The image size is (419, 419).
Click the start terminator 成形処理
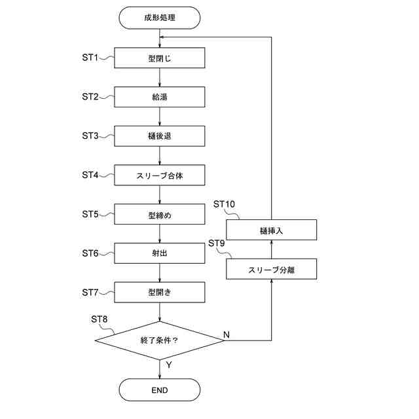click(x=160, y=18)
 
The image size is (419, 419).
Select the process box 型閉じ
click(x=160, y=58)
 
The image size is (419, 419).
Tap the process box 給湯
click(x=160, y=98)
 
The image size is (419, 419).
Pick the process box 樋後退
click(x=160, y=136)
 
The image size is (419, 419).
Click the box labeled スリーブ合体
click(x=160, y=175)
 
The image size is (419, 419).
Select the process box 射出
click(x=160, y=253)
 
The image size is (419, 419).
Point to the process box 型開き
click(x=160, y=291)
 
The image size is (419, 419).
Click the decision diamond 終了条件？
click(x=160, y=340)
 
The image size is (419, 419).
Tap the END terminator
click(x=160, y=390)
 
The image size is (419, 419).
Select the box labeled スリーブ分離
click(x=272, y=269)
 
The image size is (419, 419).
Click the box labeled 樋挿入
click(x=272, y=230)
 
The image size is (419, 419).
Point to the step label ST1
click(x=90, y=58)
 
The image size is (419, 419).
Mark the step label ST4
click(x=90, y=175)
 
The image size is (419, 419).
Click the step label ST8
click(x=99, y=319)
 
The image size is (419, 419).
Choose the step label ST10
click(x=224, y=204)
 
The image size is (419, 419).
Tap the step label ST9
click(x=217, y=244)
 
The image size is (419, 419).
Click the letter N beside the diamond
click(x=227, y=335)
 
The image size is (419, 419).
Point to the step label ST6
click(x=90, y=253)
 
